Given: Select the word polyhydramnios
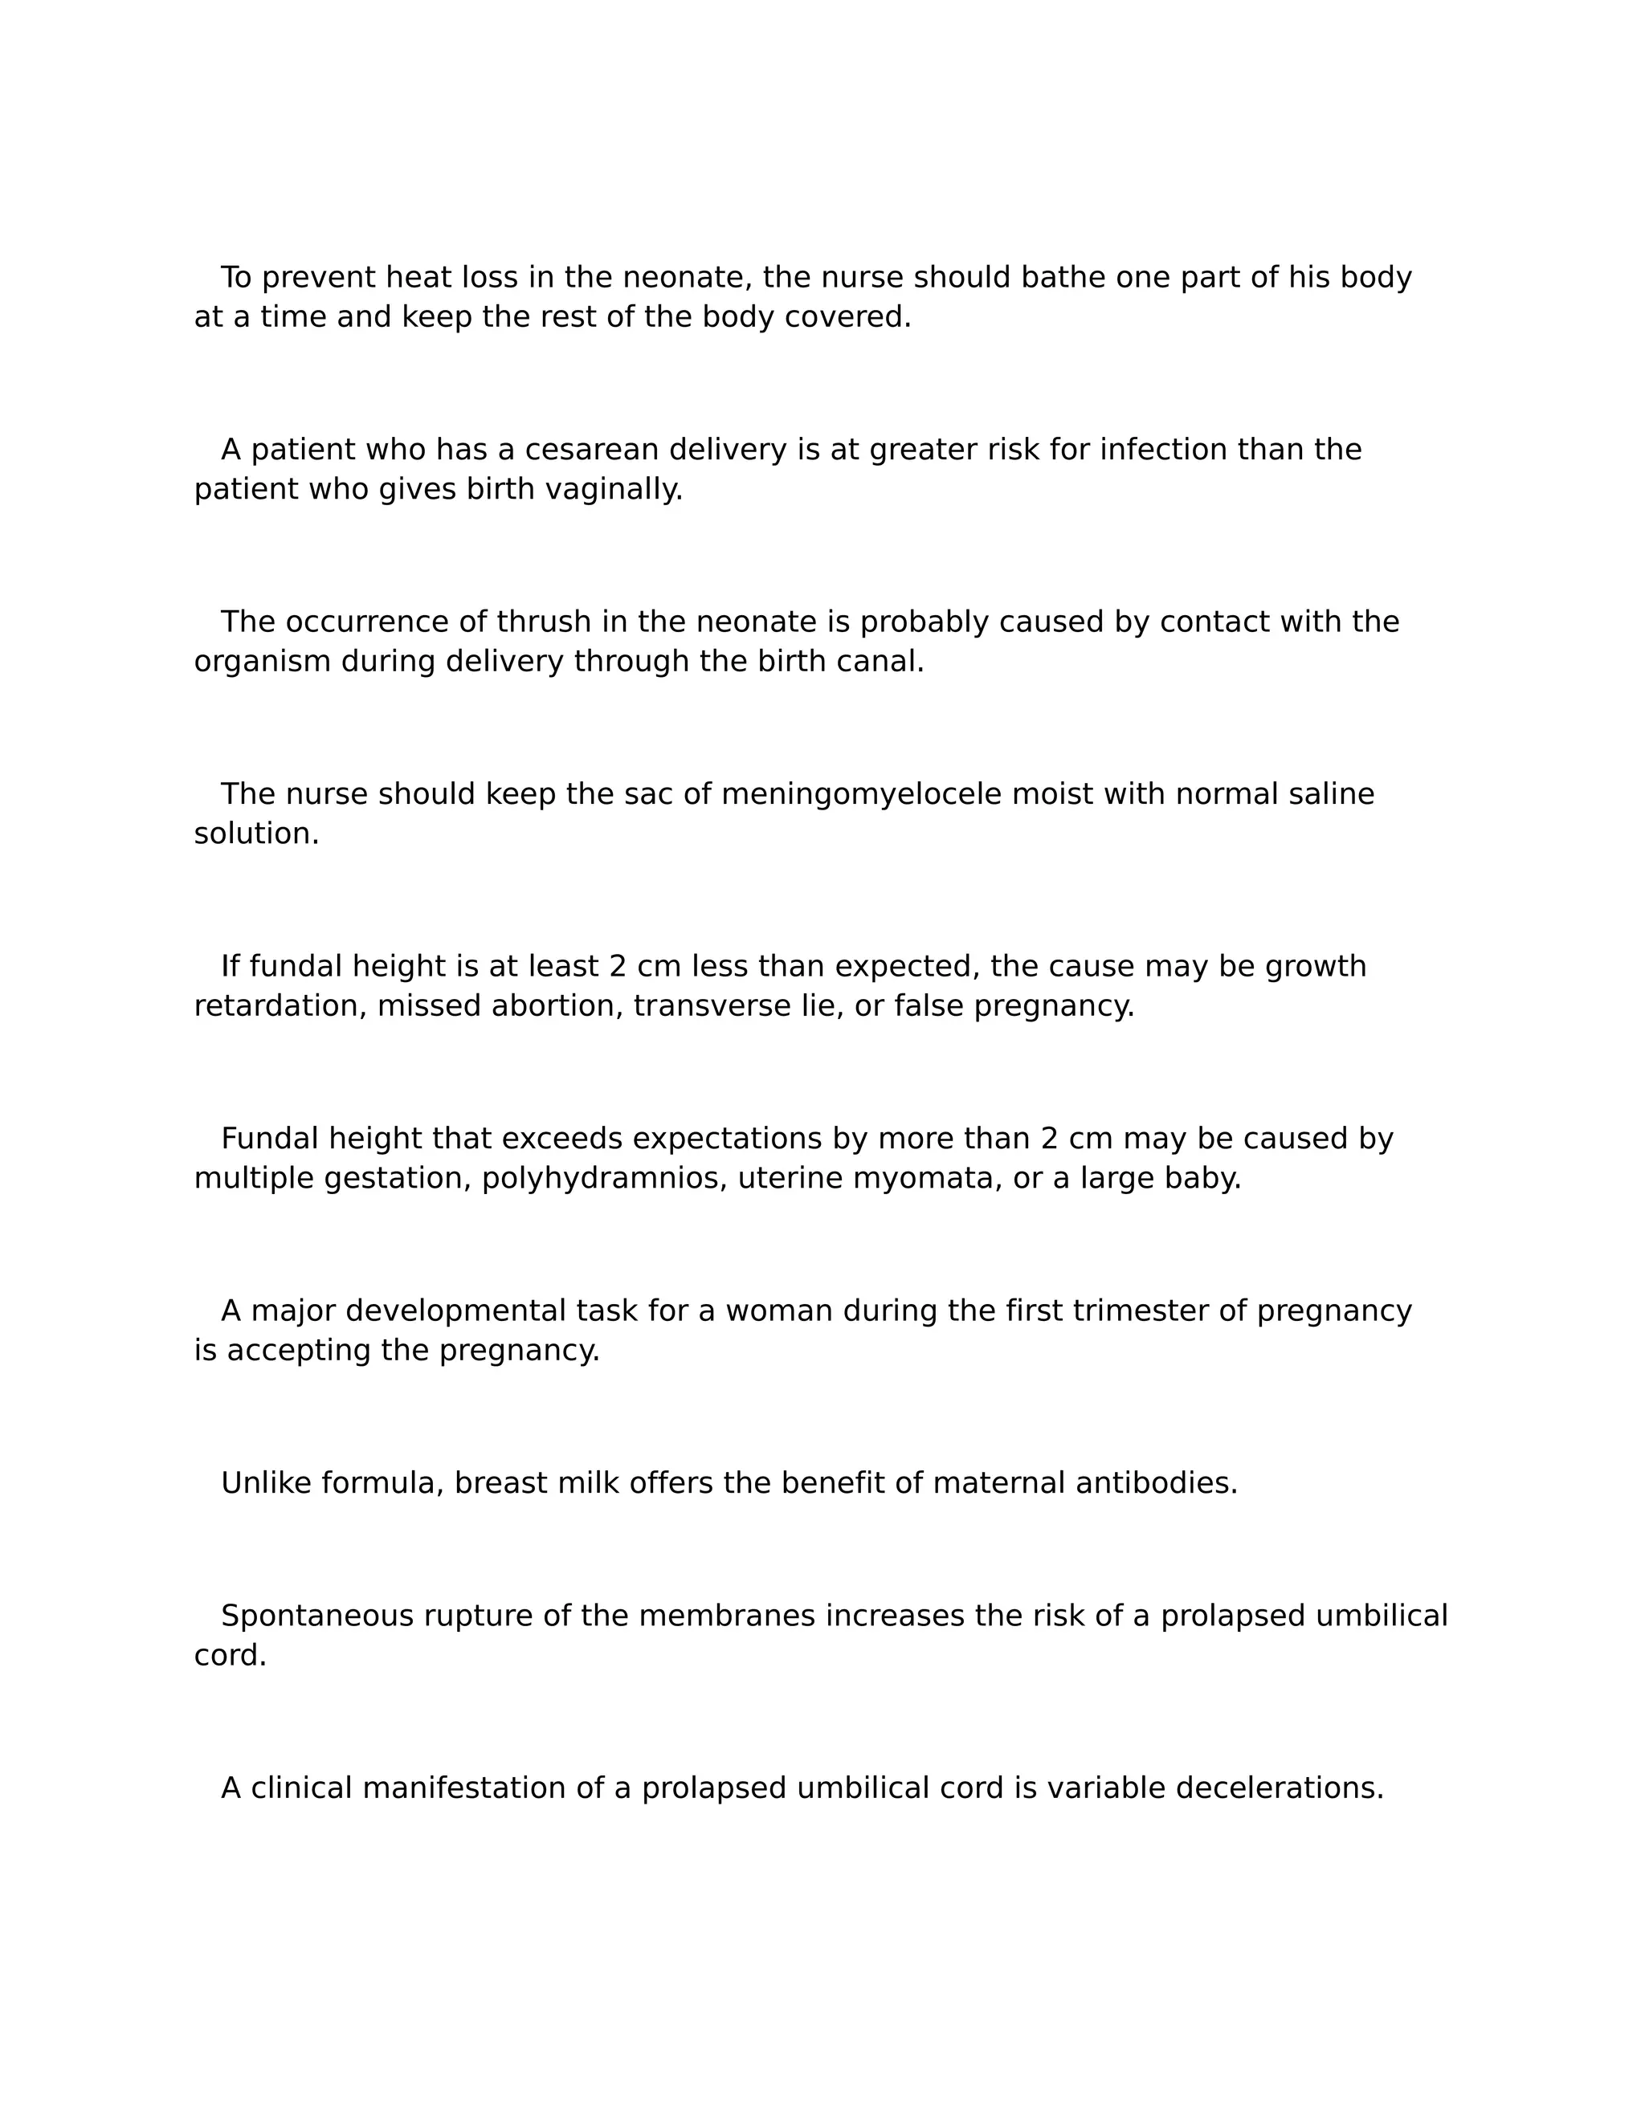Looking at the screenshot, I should pos(604,1179).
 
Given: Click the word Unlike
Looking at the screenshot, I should pos(266,1484).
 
